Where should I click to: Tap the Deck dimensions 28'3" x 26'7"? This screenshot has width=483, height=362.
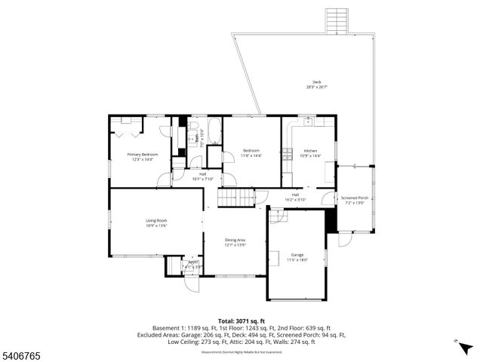point(316,87)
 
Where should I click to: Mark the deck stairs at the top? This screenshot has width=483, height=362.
point(336,21)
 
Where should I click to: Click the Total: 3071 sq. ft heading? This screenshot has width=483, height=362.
point(241,321)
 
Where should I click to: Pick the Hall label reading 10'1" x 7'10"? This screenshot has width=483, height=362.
point(203,176)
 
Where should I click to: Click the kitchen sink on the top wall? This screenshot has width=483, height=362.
point(309,121)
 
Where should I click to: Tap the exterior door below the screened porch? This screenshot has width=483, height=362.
point(345,239)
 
